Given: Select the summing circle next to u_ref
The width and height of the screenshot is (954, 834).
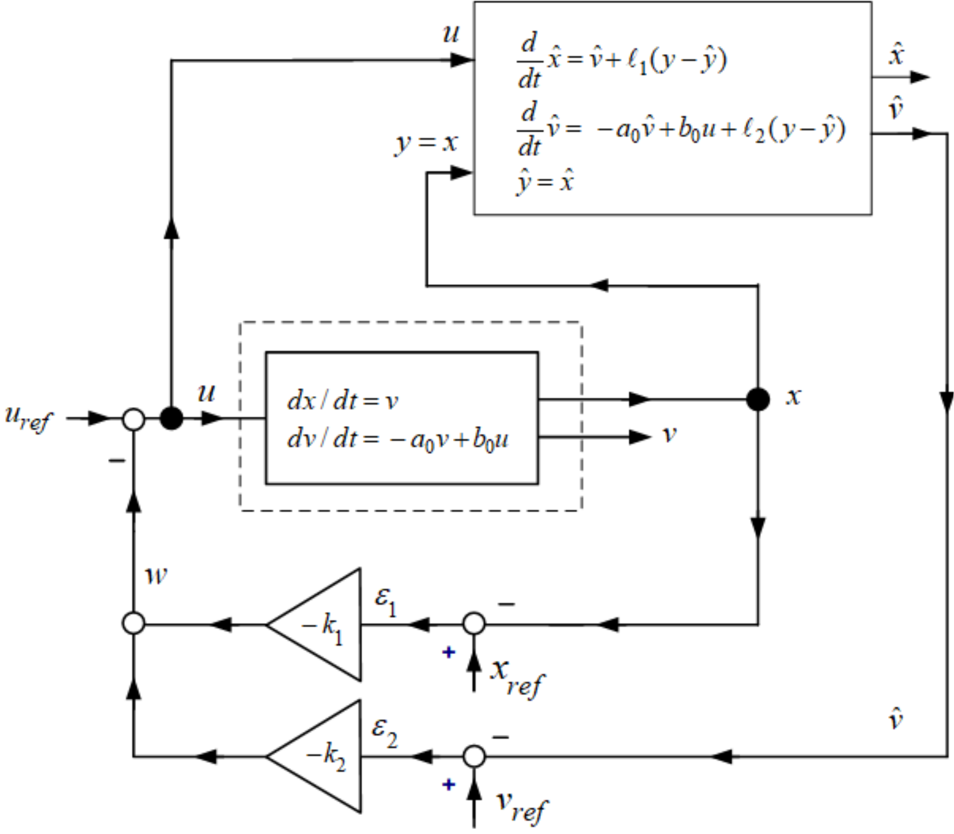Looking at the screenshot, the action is pyautogui.click(x=133, y=419).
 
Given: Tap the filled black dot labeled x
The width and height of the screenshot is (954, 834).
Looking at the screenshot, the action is pyautogui.click(x=758, y=399).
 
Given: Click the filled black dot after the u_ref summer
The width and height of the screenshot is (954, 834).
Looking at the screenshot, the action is pyautogui.click(x=172, y=419).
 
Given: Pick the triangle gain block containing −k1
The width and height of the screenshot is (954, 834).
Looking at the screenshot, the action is pyautogui.click(x=321, y=625).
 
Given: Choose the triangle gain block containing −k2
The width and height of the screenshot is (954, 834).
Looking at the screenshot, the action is pyautogui.click(x=321, y=757).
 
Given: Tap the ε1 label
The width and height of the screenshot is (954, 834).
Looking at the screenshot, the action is pyautogui.click(x=385, y=603).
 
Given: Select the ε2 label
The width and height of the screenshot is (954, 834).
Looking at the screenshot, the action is pyautogui.click(x=385, y=736).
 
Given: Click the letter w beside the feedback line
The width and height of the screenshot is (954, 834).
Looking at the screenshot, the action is pyautogui.click(x=156, y=576).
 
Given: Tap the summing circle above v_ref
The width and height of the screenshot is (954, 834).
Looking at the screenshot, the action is pyautogui.click(x=474, y=757).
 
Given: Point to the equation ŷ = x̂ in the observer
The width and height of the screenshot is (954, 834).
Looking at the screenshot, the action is pyautogui.click(x=545, y=182).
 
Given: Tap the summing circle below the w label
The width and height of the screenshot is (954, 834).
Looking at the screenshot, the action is pyautogui.click(x=133, y=624).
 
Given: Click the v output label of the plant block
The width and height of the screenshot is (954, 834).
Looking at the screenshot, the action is pyautogui.click(x=669, y=435).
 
